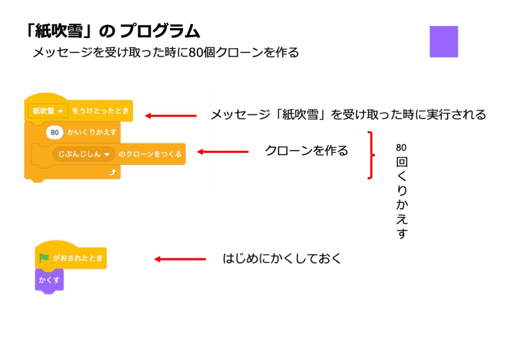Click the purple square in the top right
(x=444, y=42)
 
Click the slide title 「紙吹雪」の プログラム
(x=112, y=31)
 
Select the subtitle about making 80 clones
(x=166, y=53)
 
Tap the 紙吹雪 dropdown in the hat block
(x=47, y=111)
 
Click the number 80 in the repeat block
(x=54, y=132)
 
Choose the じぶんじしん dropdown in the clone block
(x=83, y=154)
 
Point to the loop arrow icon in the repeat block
(x=111, y=172)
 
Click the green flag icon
(x=44, y=258)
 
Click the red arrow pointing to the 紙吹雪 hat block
(x=171, y=115)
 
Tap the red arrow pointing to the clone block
(x=222, y=152)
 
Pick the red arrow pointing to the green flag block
(x=180, y=259)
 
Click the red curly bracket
(x=371, y=155)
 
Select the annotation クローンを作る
(x=306, y=151)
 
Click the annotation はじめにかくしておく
(x=282, y=258)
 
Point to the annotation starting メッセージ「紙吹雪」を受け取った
(x=348, y=114)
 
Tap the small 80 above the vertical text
(x=401, y=147)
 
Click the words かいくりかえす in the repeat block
(x=92, y=132)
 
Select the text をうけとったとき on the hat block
(x=100, y=111)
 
